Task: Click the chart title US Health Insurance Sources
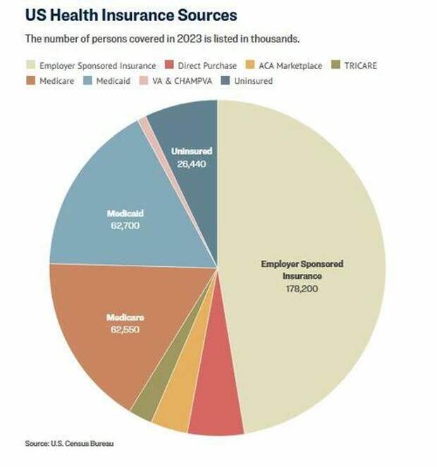click(x=131, y=15)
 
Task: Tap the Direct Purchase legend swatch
click(x=171, y=66)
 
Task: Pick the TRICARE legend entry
click(x=356, y=66)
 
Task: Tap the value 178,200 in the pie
click(x=302, y=288)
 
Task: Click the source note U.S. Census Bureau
click(x=69, y=444)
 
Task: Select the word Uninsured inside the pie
click(x=192, y=151)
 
